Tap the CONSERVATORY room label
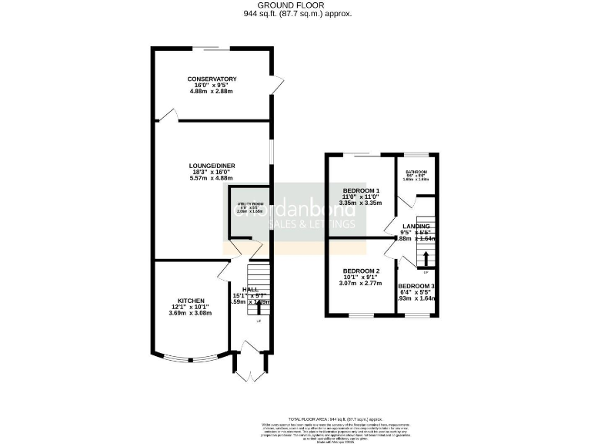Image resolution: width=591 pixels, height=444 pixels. pyautogui.click(x=211, y=79)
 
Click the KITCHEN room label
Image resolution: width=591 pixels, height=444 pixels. pyautogui.click(x=190, y=300)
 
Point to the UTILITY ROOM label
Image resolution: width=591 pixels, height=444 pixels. pyautogui.click(x=249, y=204)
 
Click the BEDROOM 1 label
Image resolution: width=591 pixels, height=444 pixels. pyautogui.click(x=361, y=190)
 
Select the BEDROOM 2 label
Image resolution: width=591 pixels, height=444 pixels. pyautogui.click(x=361, y=271)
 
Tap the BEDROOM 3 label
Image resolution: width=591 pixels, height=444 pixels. pyautogui.click(x=416, y=286)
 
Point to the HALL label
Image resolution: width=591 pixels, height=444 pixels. pyautogui.click(x=251, y=288)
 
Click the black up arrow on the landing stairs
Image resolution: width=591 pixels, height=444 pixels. pyautogui.click(x=424, y=257)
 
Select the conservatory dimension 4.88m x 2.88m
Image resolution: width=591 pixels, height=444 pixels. pyautogui.click(x=211, y=92)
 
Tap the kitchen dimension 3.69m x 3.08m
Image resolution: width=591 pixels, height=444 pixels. pyautogui.click(x=190, y=314)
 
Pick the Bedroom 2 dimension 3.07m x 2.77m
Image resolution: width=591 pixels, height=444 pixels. pyautogui.click(x=361, y=284)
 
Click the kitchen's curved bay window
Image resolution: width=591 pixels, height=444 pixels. pyautogui.click(x=190, y=357)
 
